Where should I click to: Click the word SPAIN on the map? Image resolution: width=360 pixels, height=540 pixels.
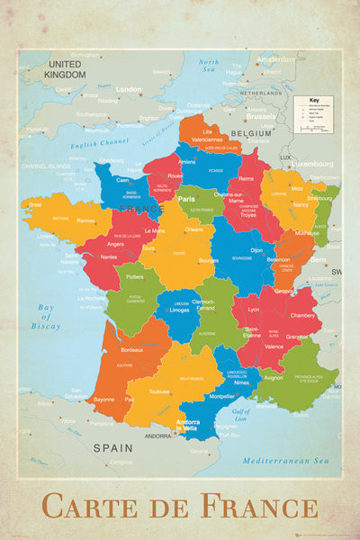coord(113,446)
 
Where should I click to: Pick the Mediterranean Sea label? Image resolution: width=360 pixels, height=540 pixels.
coord(281,459)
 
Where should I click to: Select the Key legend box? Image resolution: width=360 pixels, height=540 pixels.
coord(314,115)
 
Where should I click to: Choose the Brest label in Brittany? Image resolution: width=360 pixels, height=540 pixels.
coord(36,205)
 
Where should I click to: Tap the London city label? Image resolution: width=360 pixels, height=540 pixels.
coord(129,89)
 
